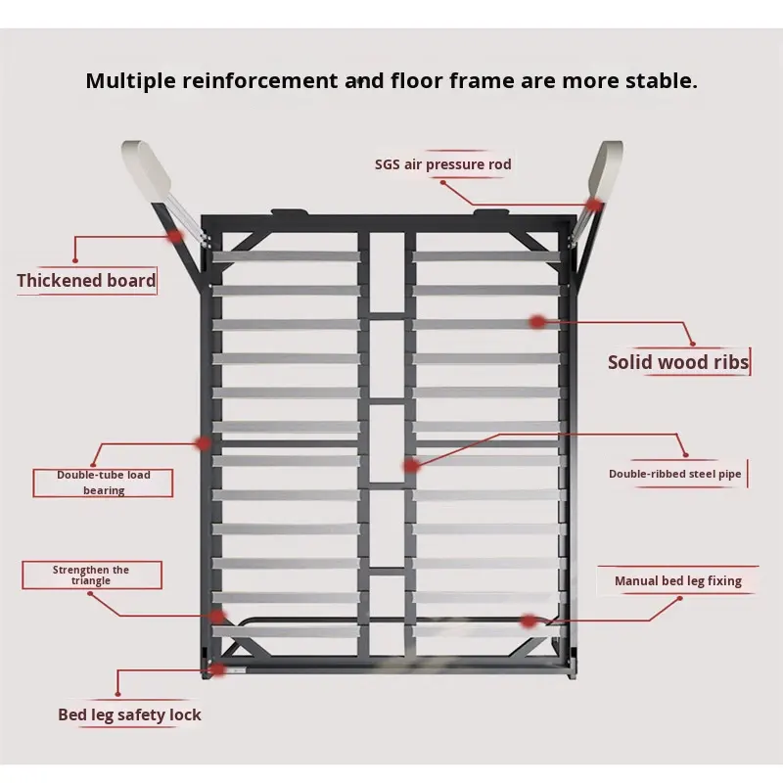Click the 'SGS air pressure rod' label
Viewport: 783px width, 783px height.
coord(442,164)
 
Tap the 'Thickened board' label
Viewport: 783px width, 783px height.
coord(86,281)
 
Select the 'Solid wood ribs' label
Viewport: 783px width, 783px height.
coord(677,362)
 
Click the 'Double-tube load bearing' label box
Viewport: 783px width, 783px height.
coord(103,483)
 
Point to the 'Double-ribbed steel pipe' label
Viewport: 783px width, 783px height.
coord(675,474)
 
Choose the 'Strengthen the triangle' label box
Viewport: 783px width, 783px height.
coord(91,576)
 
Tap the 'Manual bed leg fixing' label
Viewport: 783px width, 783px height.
coord(677,581)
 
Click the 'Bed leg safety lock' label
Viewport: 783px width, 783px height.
coord(129,714)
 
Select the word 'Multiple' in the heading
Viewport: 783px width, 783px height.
coord(130,80)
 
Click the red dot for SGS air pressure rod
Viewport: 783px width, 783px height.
coord(594,205)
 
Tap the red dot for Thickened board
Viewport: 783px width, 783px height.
coord(175,236)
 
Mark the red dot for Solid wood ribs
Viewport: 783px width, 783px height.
coord(537,321)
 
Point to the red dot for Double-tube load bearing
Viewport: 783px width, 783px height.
coord(204,442)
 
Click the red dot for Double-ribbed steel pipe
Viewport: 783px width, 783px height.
coord(411,466)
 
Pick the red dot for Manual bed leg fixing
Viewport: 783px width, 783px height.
coord(529,621)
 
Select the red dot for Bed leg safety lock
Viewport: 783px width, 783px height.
coord(217,669)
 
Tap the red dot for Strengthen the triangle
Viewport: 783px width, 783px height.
coord(217,616)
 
